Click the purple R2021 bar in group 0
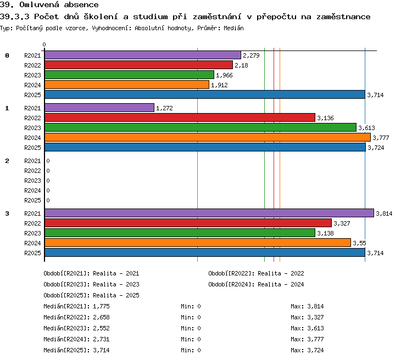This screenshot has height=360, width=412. pyautogui.click(x=143, y=55)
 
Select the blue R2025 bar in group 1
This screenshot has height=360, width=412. pyautogui.click(x=205, y=147)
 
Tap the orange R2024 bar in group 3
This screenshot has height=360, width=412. pyautogui.click(x=198, y=243)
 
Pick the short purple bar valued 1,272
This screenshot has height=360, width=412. pyautogui.click(x=99, y=108)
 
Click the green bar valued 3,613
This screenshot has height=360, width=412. pyautogui.click(x=201, y=127)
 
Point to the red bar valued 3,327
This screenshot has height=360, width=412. pyautogui.click(x=188, y=223)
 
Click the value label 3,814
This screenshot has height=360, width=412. pyautogui.click(x=384, y=213)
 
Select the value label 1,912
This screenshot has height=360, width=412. pyautogui.click(x=219, y=85)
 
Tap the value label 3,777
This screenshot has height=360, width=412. pyautogui.click(x=381, y=138)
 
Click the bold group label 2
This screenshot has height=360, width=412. pyautogui.click(x=7, y=161)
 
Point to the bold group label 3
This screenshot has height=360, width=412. pyautogui.click(x=7, y=213)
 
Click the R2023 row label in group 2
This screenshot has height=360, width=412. pyautogui.click(x=32, y=181)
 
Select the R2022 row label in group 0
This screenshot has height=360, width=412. pyautogui.click(x=32, y=65)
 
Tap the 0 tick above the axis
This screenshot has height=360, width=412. pyautogui.click(x=44, y=44)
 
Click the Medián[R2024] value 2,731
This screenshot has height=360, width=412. pyautogui.click(x=101, y=339)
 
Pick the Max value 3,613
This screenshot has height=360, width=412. pyautogui.click(x=315, y=328)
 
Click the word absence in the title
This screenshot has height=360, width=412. pyautogui.click(x=81, y=5)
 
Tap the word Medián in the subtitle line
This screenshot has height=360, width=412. pyautogui.click(x=233, y=28)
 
